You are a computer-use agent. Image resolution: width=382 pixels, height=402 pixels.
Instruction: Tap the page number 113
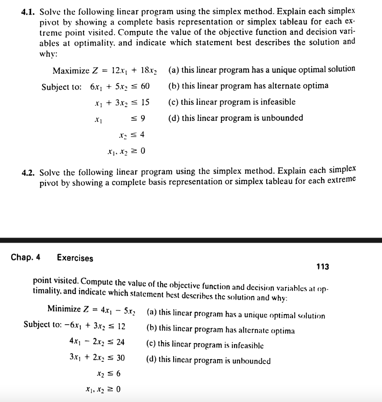point(323,267)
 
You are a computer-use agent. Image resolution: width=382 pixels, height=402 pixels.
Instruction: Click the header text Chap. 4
point(25,258)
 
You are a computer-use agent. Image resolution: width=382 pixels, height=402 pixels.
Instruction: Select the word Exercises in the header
point(75,258)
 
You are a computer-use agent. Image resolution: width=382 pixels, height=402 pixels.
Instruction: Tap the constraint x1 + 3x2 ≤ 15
point(121,102)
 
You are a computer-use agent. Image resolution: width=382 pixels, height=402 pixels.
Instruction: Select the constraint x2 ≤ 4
point(131,135)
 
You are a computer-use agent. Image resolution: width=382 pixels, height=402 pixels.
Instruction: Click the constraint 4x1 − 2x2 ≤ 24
point(96,342)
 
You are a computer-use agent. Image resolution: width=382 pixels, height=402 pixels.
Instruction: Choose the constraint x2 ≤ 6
point(109,374)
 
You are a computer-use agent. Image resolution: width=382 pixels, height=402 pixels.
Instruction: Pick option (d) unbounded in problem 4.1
point(235,118)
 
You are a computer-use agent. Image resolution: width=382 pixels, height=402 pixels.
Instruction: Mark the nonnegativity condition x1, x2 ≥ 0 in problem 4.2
point(103,390)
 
